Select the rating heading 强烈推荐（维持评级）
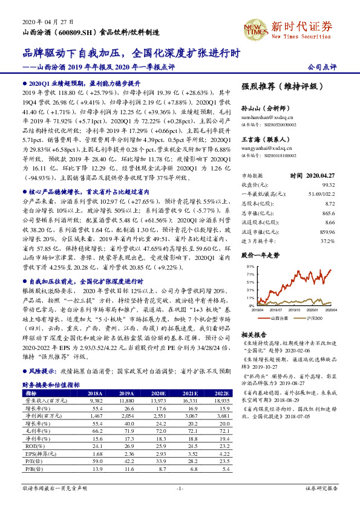(x=274, y=86)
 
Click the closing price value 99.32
(x=328, y=184)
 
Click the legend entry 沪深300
(x=313, y=317)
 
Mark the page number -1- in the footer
(x=180, y=488)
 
